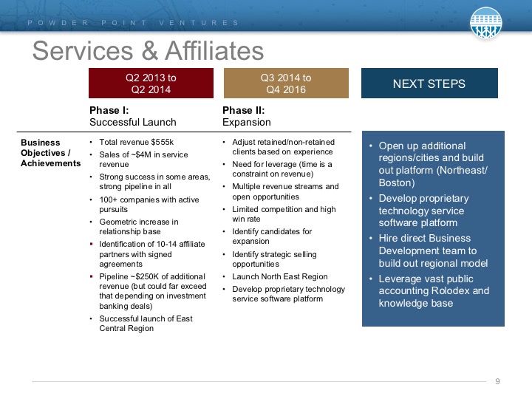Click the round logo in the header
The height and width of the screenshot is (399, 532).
pyautogui.click(x=485, y=22)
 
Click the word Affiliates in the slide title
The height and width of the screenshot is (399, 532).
pyautogui.click(x=214, y=51)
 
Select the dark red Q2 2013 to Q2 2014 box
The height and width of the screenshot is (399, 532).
pyautogui.click(x=151, y=83)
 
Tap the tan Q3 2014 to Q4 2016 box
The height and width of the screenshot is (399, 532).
pyautogui.click(x=286, y=83)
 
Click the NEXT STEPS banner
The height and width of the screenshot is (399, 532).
pyautogui.click(x=429, y=83)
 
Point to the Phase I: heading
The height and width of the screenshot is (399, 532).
pyautogui.click(x=109, y=110)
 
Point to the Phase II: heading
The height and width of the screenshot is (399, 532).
pyautogui.click(x=243, y=110)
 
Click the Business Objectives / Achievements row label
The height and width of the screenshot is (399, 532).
pyautogui.click(x=50, y=153)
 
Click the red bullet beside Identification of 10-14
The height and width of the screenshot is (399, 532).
pyautogui.click(x=92, y=244)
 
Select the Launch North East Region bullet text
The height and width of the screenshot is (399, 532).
pyautogui.click(x=280, y=276)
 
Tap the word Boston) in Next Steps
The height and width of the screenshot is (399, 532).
pyautogui.click(x=397, y=183)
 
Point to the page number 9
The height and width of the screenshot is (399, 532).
pyautogui.click(x=497, y=381)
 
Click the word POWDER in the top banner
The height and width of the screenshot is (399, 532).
pyautogui.click(x=58, y=23)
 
